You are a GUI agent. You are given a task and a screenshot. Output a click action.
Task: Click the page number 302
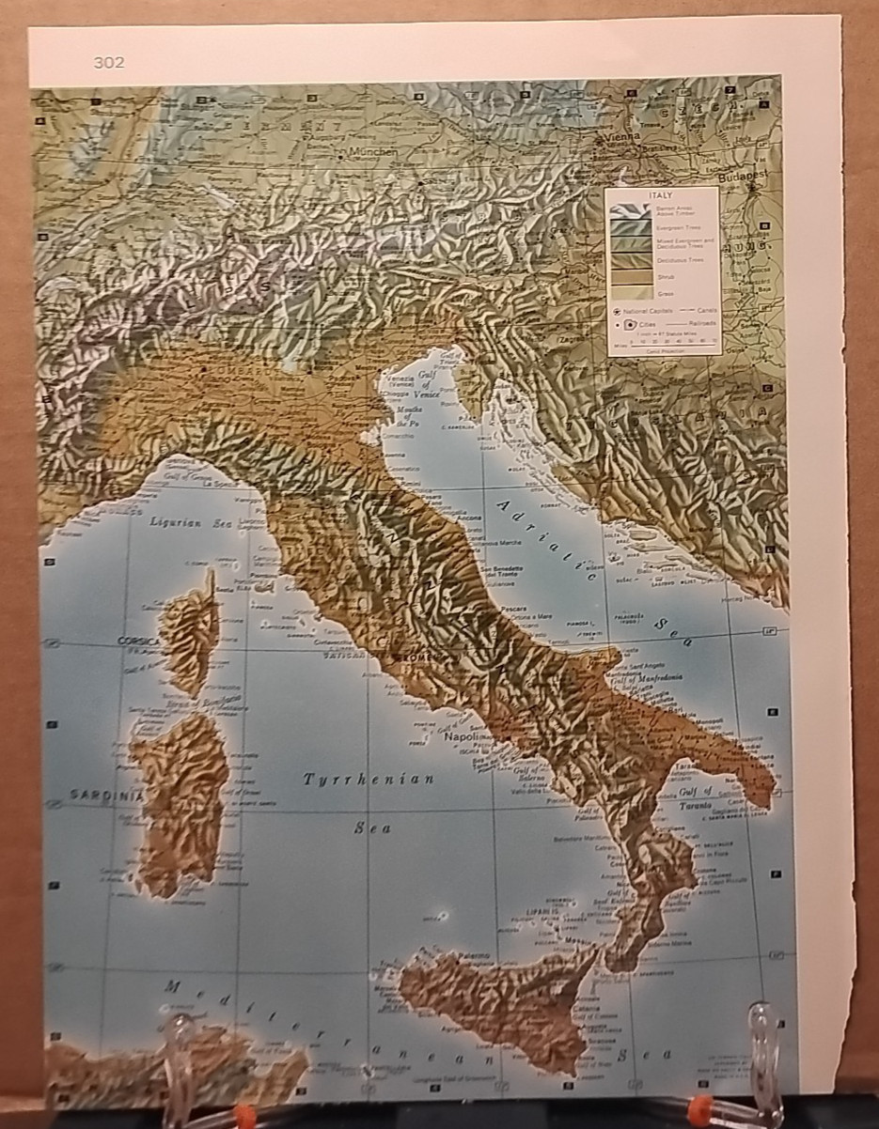coord(109,63)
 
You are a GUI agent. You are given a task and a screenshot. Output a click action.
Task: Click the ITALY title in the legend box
coord(662,194)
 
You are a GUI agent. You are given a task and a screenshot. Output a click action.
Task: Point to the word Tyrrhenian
coord(369,780)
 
